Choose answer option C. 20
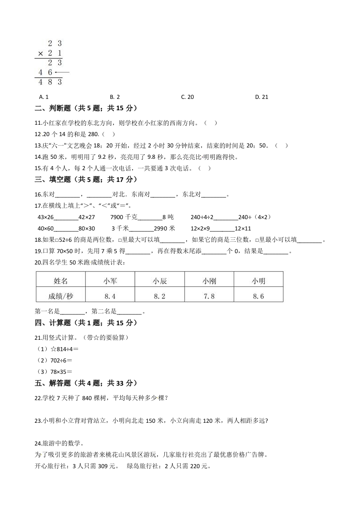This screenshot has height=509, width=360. click(187, 97)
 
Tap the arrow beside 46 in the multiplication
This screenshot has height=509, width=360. click(62, 72)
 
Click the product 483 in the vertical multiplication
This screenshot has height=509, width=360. click(50, 82)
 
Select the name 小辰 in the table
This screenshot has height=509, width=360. click(159, 281)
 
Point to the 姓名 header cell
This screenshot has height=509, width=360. click(60, 281)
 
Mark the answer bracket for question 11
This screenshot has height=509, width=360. click(207, 122)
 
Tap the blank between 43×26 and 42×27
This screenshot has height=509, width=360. click(66, 217)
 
